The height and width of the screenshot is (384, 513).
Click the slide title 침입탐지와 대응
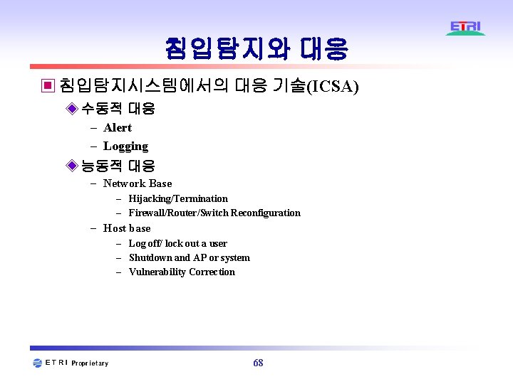click(256, 49)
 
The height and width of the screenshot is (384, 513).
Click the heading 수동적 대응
click(118, 109)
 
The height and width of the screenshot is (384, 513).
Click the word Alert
click(118, 128)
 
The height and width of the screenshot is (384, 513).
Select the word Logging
click(125, 146)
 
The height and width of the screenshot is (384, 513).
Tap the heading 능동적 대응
click(118, 166)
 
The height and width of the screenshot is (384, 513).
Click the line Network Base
click(138, 183)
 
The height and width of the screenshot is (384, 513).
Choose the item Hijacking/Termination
click(178, 198)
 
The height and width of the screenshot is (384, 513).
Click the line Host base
click(127, 228)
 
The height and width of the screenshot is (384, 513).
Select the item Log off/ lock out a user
click(177, 243)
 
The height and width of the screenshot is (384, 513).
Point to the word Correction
click(212, 272)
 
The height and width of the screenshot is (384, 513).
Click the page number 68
click(258, 363)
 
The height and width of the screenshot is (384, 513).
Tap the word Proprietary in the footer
click(90, 363)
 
